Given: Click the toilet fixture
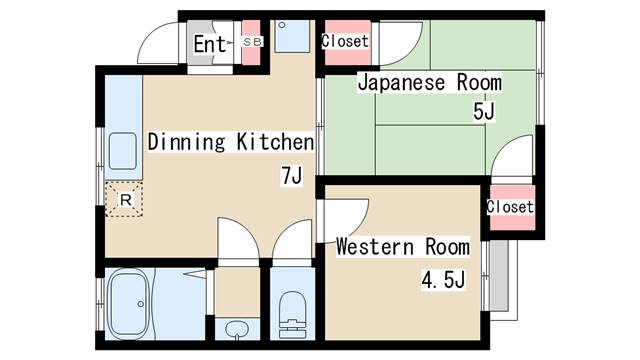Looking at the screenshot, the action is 293,314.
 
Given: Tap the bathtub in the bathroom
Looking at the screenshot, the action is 129,305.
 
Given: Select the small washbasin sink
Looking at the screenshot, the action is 236,329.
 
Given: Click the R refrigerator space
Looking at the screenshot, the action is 124,200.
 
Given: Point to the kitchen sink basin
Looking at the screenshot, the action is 122,151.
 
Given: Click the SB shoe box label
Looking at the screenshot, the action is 251,42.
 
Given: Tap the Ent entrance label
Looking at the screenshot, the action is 209,44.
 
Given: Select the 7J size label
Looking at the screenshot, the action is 291,176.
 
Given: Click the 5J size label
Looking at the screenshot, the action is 484,111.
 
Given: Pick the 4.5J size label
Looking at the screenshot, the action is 444,280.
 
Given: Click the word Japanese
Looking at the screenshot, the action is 401,83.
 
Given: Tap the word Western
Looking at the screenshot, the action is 375,247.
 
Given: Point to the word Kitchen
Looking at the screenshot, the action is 276,142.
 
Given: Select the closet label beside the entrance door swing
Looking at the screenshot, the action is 345,41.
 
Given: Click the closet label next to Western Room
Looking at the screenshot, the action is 510,207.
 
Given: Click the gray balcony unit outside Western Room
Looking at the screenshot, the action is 499,276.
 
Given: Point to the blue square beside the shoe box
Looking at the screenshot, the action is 292,36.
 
